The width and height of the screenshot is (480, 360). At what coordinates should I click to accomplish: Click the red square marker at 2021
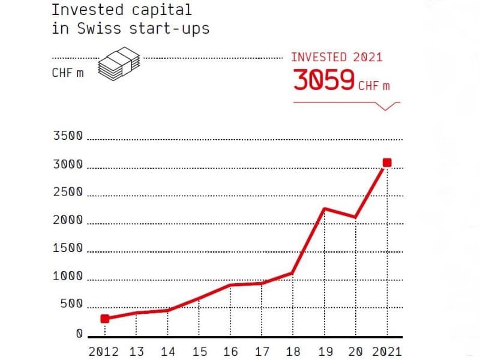tap(387, 163)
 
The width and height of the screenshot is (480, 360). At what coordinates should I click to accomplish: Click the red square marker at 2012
tap(105, 319)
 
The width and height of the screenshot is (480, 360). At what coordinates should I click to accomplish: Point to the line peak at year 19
tap(324, 209)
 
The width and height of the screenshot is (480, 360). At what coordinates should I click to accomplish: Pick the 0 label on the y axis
tap(79, 334)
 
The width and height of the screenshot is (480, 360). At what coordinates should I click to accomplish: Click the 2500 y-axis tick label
tap(67, 193)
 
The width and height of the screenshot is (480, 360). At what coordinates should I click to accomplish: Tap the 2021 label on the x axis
tap(387, 351)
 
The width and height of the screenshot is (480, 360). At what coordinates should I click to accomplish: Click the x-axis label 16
tap(230, 351)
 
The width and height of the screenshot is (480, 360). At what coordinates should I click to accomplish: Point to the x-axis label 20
tap(356, 351)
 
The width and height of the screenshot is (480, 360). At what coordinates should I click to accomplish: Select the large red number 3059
tap(323, 80)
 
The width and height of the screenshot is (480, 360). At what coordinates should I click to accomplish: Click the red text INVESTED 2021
tap(337, 58)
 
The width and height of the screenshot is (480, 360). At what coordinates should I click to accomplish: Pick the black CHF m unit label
tap(68, 74)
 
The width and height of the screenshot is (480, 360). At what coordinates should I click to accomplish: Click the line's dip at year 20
tap(356, 217)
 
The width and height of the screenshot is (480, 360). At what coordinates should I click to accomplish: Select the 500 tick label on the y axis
tap(70, 305)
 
